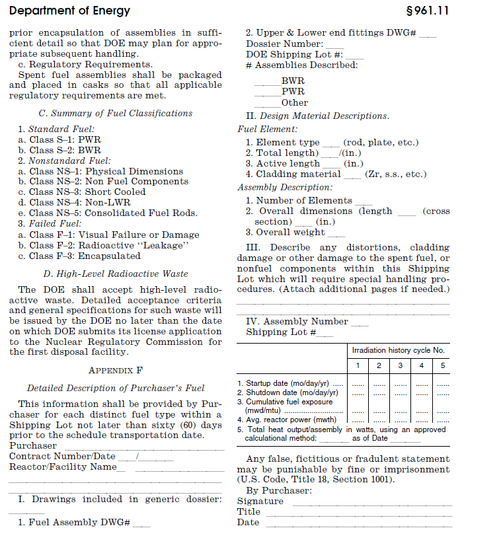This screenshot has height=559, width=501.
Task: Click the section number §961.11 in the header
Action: (428, 11)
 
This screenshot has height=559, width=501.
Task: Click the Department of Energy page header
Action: (69, 11)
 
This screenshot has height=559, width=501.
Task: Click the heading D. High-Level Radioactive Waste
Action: (116, 274)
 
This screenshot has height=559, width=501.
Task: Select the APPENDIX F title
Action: (116, 370)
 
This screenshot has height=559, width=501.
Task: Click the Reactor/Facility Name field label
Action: (63, 466)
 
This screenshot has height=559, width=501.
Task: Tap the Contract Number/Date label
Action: (62, 456)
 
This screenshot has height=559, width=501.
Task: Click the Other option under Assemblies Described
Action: (294, 102)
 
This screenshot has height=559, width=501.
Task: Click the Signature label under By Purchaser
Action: (260, 501)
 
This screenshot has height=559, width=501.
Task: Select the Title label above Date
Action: (249, 511)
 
